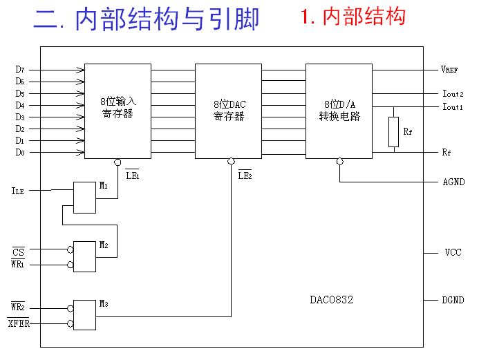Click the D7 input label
[x=20, y=70]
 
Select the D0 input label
[x=20, y=152]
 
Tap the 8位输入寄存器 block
[x=118, y=111]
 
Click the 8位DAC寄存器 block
[x=229, y=111]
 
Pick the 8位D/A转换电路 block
[x=339, y=111]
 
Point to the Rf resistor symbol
[x=393, y=131]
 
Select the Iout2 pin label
[x=453, y=94]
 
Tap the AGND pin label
[x=454, y=182]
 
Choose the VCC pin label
[x=453, y=253]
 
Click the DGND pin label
[x=453, y=300]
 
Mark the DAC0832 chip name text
[x=332, y=300]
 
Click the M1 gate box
[x=85, y=198]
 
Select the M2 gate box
[x=85, y=256]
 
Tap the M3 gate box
[x=85, y=315]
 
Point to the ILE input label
[x=19, y=189]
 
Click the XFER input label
[x=19, y=323]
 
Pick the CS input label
[x=19, y=252]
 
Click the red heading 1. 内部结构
[x=353, y=17]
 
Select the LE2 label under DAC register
[x=245, y=176]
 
